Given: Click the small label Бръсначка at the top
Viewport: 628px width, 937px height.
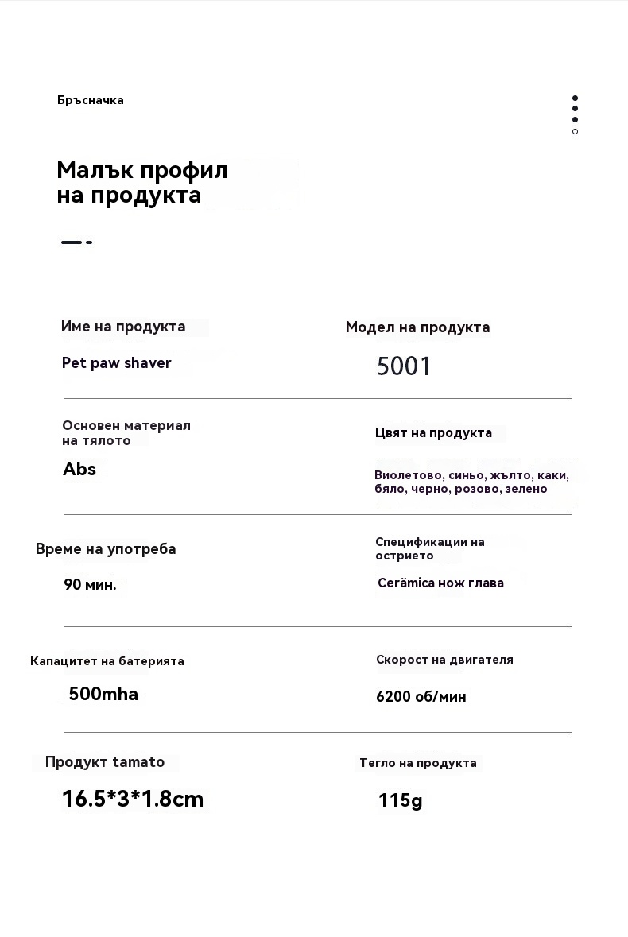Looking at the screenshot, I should click(x=90, y=100).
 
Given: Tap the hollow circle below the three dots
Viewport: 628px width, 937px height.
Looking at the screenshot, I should click(x=575, y=132).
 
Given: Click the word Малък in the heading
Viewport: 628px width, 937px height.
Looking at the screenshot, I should click(x=95, y=170).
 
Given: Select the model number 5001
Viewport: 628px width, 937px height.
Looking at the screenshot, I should click(x=404, y=366).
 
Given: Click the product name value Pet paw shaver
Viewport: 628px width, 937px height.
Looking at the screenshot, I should click(x=117, y=363).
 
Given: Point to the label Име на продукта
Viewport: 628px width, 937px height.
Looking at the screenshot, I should click(x=123, y=327).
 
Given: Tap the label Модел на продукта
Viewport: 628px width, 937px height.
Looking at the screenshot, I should click(x=417, y=327).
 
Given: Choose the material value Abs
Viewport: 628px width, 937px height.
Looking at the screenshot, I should click(x=79, y=469).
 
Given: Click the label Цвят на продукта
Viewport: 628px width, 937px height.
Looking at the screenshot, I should click(x=433, y=433).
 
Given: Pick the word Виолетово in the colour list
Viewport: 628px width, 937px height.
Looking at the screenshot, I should click(x=409, y=475).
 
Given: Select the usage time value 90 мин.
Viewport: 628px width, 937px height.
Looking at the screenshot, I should click(x=90, y=585).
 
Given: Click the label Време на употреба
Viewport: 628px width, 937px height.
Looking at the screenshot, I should click(x=106, y=549).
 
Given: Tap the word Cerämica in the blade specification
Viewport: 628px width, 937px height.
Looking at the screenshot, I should click(x=406, y=583).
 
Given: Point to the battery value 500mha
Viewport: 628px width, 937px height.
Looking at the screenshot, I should click(x=103, y=694).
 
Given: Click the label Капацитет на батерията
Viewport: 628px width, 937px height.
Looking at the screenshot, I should click(x=107, y=661).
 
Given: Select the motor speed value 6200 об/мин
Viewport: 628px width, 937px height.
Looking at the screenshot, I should click(x=421, y=697).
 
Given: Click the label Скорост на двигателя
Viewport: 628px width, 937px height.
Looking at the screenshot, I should click(x=444, y=660).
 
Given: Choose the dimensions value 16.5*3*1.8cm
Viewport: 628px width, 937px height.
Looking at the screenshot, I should click(x=133, y=799).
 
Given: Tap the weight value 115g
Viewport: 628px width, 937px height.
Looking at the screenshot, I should click(x=401, y=800).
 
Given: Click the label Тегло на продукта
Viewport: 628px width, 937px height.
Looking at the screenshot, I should click(x=418, y=763).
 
